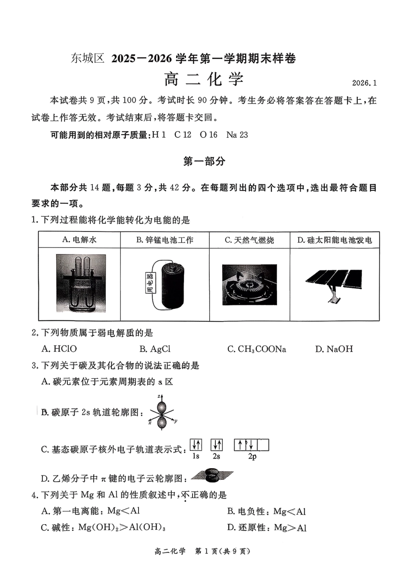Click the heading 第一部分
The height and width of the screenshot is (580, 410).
coord(205,161)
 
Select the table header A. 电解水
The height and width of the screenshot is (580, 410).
coord(79,240)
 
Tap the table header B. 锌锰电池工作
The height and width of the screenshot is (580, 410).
coord(165,240)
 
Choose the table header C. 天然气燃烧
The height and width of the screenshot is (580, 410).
coord(249,240)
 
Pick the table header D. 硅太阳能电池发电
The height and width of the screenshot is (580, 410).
coord(334,240)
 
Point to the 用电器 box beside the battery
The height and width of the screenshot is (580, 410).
coord(150,283)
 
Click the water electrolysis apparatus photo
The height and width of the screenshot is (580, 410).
coord(81,283)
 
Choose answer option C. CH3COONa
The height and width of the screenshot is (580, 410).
coord(257,349)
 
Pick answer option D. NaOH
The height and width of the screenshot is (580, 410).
coord(334,349)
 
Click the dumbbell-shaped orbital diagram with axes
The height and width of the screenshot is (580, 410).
coord(162,412)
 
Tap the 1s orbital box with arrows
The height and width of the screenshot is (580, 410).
coord(196,445)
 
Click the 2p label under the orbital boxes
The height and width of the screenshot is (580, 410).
coord(252,456)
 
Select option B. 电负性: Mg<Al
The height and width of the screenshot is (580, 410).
coord(266,511)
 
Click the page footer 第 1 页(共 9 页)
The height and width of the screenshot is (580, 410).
coord(223,551)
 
